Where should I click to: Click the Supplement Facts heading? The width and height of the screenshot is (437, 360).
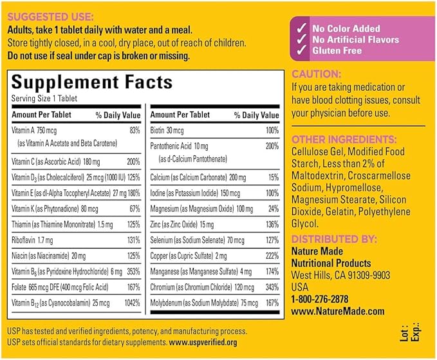point(91,82)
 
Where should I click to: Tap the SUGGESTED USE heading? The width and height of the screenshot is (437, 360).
point(50,15)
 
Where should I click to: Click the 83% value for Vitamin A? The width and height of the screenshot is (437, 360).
point(135,130)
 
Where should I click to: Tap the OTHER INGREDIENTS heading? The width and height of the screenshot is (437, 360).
point(353,139)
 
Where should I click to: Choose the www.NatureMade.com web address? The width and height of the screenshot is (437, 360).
point(338,311)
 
